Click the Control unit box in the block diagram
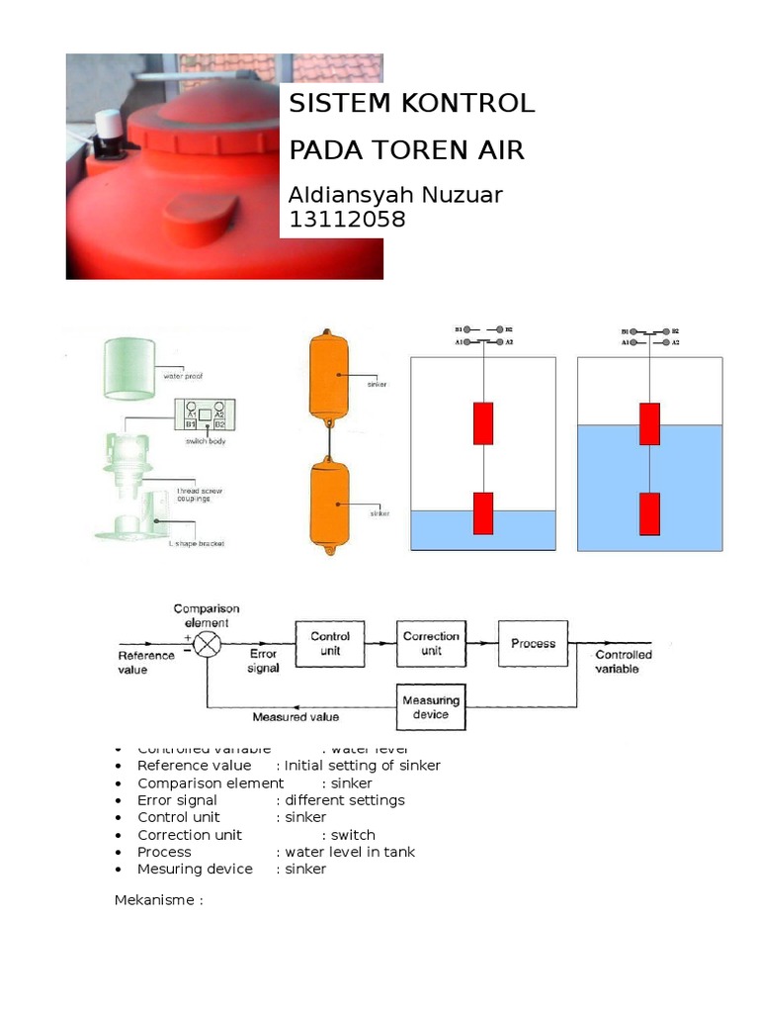[x=330, y=643]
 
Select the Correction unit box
[x=431, y=643]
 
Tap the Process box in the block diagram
[x=533, y=643]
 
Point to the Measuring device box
[x=431, y=707]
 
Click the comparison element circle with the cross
[x=207, y=645]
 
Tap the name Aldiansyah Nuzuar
[x=395, y=195]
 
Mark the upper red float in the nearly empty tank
[x=483, y=422]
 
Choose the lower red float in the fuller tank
[x=649, y=512]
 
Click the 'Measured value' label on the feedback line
[x=295, y=717]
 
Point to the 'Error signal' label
[x=264, y=661]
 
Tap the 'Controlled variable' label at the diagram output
[x=624, y=662]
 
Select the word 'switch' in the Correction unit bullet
[x=353, y=835]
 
